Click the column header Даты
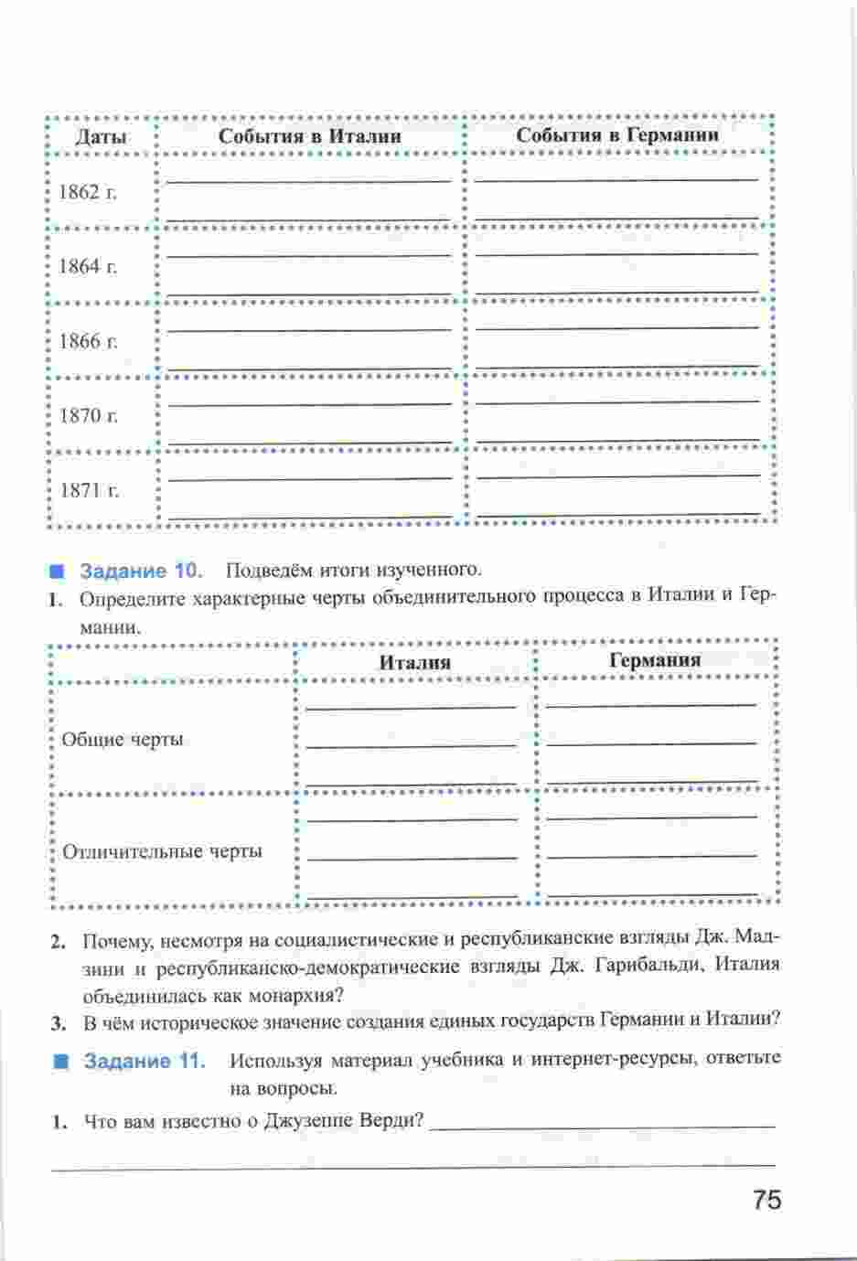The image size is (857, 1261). click(x=101, y=137)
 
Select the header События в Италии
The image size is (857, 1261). click(x=309, y=135)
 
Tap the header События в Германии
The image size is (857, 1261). click(x=617, y=134)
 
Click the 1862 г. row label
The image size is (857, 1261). click(x=88, y=192)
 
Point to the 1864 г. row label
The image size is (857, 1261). click(x=88, y=266)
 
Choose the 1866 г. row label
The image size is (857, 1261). click(x=89, y=341)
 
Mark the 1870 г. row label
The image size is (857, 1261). click(x=89, y=415)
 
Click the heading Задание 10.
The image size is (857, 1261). click(x=141, y=571)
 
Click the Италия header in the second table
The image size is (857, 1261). click(x=414, y=662)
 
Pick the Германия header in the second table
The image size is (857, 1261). click(x=654, y=659)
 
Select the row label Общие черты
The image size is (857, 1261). click(x=123, y=739)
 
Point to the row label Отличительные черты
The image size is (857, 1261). click(x=162, y=851)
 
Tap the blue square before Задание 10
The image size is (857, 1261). click(x=59, y=572)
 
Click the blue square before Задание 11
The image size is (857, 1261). click(x=61, y=1062)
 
